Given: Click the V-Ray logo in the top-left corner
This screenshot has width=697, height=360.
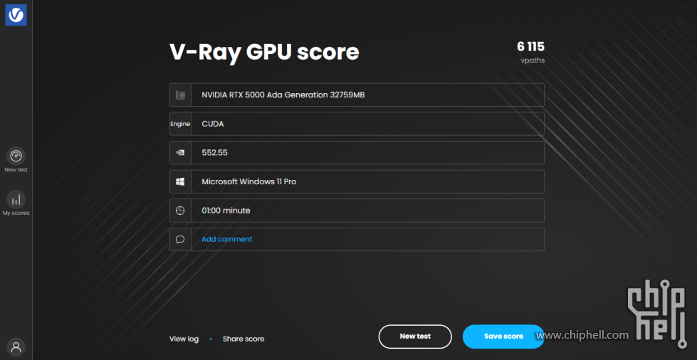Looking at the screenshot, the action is click(x=16, y=15).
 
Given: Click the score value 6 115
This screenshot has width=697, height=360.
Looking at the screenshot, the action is click(x=530, y=46).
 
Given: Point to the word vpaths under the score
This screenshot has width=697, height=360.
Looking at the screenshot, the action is click(x=533, y=60).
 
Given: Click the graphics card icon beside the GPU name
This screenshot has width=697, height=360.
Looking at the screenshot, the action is click(x=180, y=95).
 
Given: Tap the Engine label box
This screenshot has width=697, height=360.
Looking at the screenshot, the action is click(x=180, y=124).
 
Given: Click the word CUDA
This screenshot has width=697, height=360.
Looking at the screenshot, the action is click(x=213, y=124).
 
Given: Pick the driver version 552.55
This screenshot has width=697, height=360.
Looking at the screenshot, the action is click(x=215, y=152).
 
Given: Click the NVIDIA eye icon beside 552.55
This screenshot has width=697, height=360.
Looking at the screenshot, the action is click(x=180, y=152).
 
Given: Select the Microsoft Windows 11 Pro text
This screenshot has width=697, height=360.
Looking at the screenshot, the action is click(x=249, y=181).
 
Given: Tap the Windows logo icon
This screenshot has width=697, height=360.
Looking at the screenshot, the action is click(x=180, y=181).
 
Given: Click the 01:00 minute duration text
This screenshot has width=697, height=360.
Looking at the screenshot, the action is click(x=226, y=210).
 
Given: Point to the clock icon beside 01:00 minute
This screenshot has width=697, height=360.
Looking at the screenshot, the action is click(x=180, y=210).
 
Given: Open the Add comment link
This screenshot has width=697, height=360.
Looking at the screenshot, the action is click(x=226, y=239).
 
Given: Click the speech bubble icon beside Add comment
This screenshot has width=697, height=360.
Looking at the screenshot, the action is click(x=180, y=240).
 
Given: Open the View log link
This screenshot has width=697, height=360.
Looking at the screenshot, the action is click(x=184, y=339).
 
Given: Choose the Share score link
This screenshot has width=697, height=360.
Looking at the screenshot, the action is click(x=243, y=339).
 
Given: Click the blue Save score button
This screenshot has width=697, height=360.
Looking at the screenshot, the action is click(x=503, y=337).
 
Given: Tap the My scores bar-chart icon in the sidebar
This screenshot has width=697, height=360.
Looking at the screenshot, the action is click(x=16, y=199).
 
